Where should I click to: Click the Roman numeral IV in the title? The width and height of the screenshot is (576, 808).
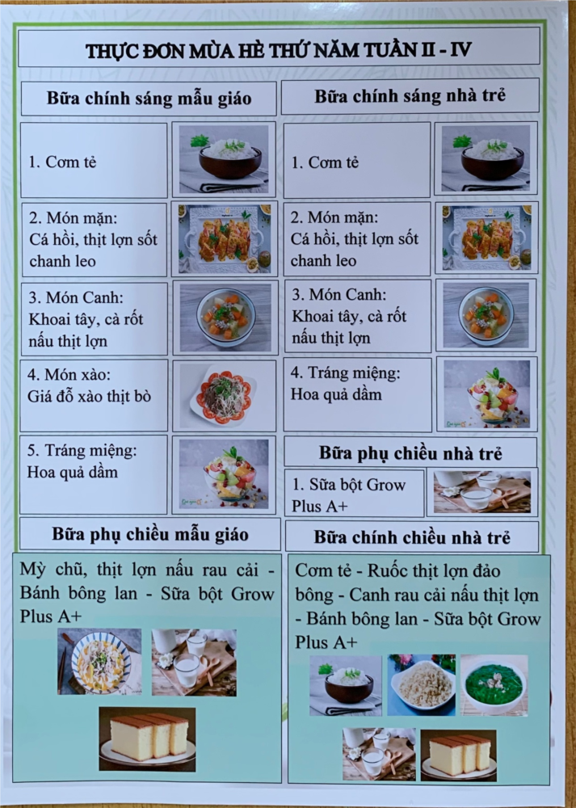point(460,49)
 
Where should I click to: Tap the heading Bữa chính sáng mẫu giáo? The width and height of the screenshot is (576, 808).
point(149,98)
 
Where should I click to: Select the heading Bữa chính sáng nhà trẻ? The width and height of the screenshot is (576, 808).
point(410,95)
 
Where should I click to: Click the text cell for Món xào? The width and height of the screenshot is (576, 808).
point(94,395)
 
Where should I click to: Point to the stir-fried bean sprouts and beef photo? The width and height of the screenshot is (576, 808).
point(224,396)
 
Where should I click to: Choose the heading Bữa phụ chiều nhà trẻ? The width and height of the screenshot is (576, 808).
point(410,453)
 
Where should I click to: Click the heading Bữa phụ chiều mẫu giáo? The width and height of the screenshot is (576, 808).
point(150,534)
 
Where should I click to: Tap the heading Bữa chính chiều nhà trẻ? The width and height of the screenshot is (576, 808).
point(412,537)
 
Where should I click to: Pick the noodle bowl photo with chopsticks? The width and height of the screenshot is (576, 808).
point(99,662)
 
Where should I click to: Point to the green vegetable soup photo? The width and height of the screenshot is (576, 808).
point(494,685)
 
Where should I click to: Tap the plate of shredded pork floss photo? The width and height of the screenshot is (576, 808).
point(422,685)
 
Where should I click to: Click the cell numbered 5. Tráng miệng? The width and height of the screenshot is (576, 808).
point(93,474)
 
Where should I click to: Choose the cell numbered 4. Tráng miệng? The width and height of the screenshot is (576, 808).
point(358,395)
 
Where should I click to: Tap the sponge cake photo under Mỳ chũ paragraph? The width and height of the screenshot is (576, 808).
point(147,739)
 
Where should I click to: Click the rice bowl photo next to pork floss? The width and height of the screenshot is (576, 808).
point(346,685)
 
